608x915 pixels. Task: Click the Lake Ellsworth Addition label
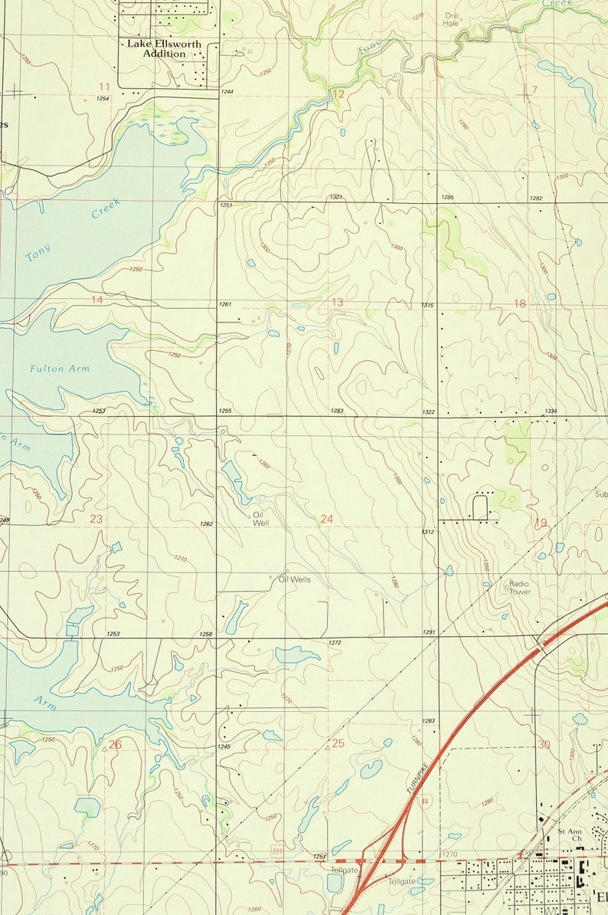164,49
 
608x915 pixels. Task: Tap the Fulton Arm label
60,369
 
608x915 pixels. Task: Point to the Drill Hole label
451,19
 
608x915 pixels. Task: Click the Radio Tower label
519,588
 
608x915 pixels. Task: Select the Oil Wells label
295,579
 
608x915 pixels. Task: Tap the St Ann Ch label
570,835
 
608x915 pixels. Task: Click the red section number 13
337,303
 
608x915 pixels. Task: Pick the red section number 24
327,520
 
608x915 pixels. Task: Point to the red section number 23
96,520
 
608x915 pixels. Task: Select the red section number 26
115,744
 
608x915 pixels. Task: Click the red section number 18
520,303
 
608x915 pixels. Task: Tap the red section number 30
544,744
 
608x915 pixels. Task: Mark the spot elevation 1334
551,412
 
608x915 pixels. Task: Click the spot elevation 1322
429,412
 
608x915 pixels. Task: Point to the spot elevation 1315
427,306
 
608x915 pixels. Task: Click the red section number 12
338,94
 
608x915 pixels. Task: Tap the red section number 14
96,300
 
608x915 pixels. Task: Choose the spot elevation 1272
335,642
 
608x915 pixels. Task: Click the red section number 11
104,86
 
